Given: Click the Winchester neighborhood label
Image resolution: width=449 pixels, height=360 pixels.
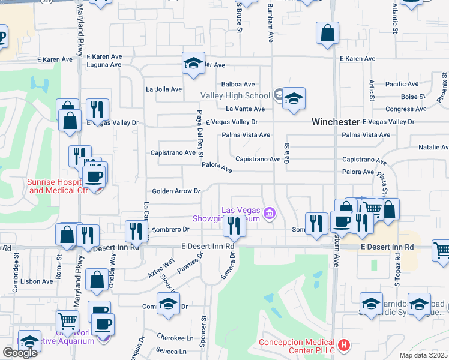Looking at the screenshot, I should (x=335, y=122).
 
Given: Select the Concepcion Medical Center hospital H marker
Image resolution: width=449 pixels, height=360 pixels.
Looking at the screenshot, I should (x=343, y=345).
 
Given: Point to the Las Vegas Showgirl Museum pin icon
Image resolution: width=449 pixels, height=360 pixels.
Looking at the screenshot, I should (x=270, y=214).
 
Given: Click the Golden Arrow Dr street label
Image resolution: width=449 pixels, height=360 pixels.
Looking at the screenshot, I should (x=176, y=191).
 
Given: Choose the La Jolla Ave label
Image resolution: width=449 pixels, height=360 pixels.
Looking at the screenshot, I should (x=164, y=89).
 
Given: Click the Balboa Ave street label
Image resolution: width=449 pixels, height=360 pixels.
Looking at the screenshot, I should (x=238, y=85).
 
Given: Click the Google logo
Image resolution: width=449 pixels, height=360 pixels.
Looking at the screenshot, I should (x=20, y=353).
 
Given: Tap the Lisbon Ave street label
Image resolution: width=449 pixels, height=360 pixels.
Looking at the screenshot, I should (x=36, y=281).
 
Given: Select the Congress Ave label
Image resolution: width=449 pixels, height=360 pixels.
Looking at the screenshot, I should (x=402, y=109).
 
